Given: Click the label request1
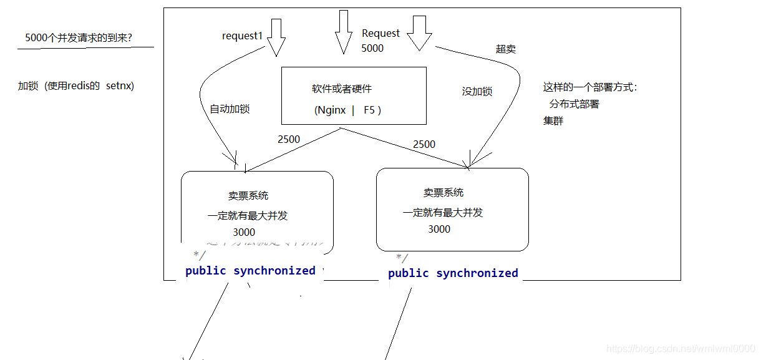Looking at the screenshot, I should (242, 36).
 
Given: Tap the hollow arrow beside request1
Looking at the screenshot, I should (276, 38).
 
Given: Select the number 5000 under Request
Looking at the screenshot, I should (372, 48).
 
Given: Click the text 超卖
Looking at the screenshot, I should (506, 49).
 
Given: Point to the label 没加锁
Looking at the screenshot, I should (477, 92).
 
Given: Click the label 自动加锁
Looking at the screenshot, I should (230, 109).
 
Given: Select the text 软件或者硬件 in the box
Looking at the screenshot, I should (342, 89).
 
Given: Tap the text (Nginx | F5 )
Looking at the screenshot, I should (347, 110).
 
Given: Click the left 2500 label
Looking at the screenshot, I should (289, 139).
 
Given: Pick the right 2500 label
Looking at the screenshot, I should (424, 144).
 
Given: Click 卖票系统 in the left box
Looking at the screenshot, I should (248, 196).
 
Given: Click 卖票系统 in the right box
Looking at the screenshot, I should (444, 193).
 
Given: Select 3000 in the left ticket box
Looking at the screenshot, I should (244, 232).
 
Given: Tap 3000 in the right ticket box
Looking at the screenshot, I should (439, 229).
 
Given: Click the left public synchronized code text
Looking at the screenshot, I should (251, 271).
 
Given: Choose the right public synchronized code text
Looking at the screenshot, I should (453, 273).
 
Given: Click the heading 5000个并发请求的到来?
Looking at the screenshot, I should (79, 37).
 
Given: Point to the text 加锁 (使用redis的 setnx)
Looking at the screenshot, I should (76, 85).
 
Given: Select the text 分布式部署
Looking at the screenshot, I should (574, 104).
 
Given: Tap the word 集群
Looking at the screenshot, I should (553, 121).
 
